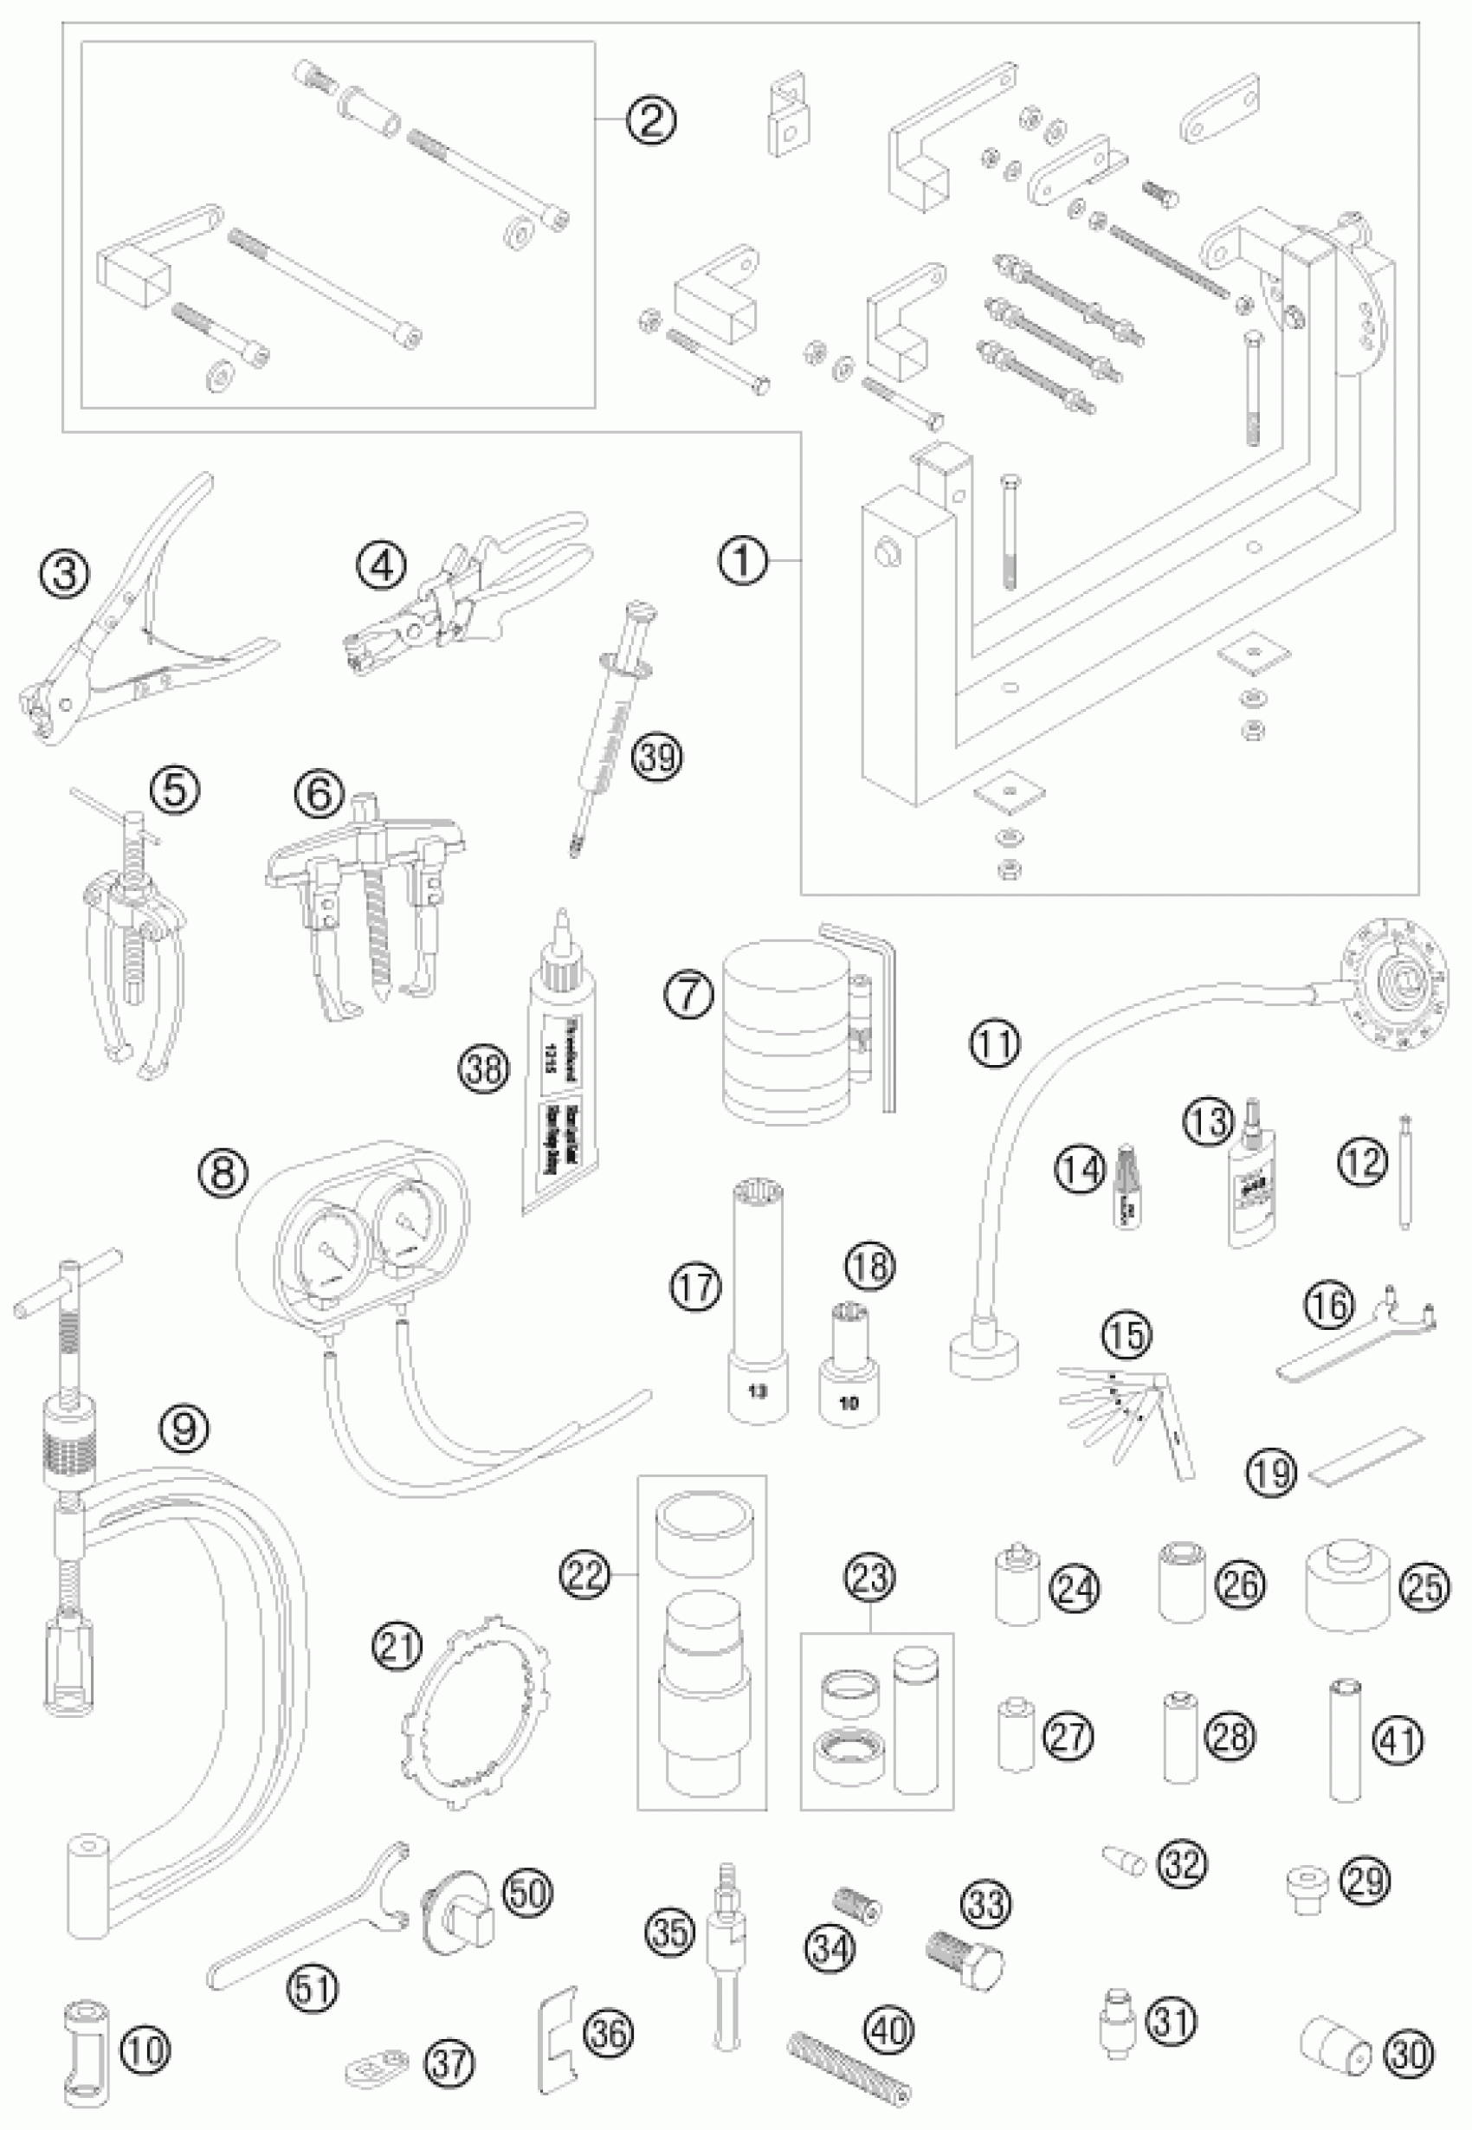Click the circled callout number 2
pyautogui.click(x=650, y=119)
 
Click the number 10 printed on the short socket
pyautogui.click(x=849, y=1403)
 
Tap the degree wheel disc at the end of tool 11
pyautogui.click(x=1393, y=983)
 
